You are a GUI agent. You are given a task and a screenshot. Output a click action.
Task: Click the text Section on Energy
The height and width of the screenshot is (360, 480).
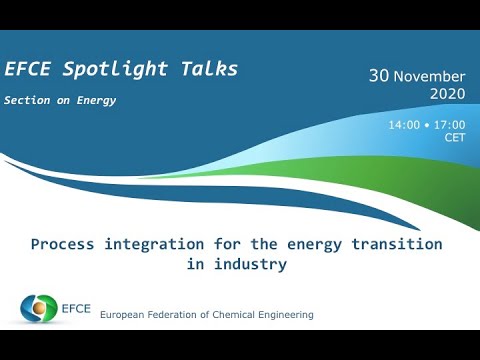60,100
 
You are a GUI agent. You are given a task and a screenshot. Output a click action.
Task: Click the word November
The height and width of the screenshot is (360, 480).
429,76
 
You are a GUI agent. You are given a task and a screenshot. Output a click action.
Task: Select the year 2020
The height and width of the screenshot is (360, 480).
447,94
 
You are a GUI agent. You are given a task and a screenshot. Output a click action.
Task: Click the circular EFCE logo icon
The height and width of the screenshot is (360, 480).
40,308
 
